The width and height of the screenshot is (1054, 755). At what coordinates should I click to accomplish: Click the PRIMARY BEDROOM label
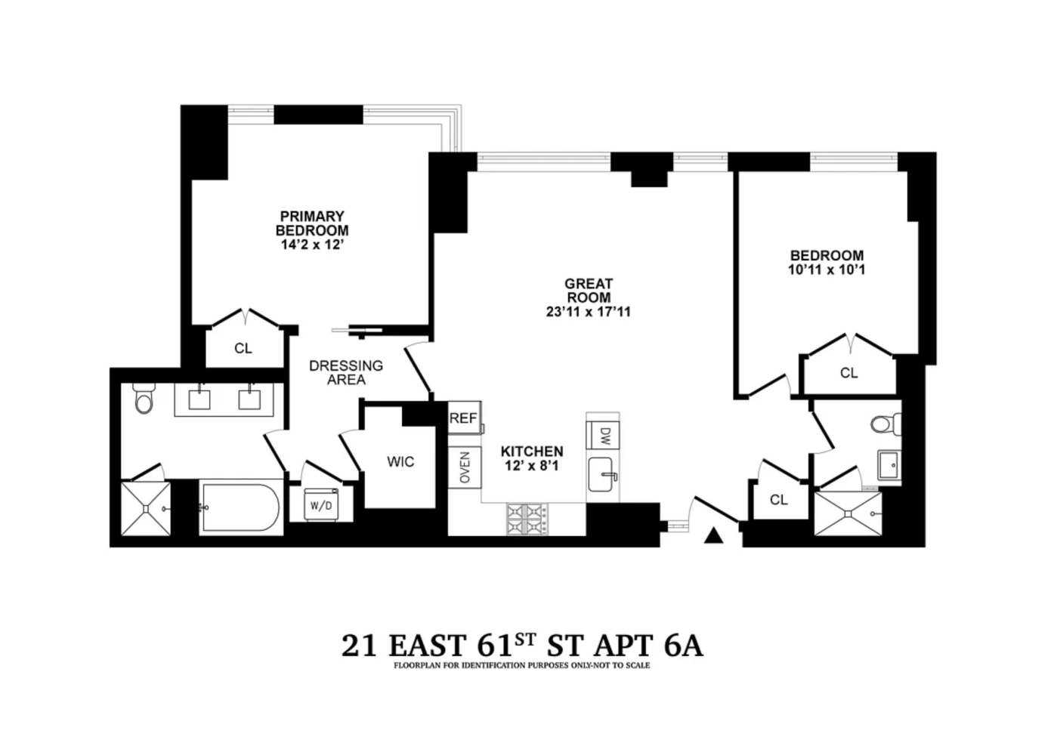click(x=312, y=223)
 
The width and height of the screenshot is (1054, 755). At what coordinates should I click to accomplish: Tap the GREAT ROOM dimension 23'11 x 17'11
click(x=588, y=312)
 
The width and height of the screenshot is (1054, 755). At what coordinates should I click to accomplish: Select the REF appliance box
click(x=463, y=418)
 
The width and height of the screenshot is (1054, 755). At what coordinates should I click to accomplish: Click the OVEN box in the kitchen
click(x=465, y=467)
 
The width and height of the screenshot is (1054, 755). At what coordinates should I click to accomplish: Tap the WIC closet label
click(x=400, y=462)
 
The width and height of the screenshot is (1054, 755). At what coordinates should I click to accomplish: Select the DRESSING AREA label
click(x=346, y=373)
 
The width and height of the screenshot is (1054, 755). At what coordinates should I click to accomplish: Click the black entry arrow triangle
click(x=713, y=536)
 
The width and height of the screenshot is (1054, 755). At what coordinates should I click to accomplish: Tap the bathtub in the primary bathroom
click(x=240, y=509)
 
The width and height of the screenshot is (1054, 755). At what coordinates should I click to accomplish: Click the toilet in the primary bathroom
click(x=143, y=399)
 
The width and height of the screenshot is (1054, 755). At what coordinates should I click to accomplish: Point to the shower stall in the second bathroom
click(x=846, y=514)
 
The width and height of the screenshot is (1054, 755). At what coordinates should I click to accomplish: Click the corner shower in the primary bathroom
click(x=143, y=508)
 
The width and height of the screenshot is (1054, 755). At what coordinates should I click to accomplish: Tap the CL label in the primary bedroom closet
click(x=243, y=349)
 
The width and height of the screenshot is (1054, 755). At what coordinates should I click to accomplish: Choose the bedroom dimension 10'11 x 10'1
click(x=827, y=270)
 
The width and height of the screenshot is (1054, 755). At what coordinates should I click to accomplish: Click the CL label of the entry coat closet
click(x=778, y=500)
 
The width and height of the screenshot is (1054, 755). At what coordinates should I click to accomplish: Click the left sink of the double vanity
click(x=199, y=399)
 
